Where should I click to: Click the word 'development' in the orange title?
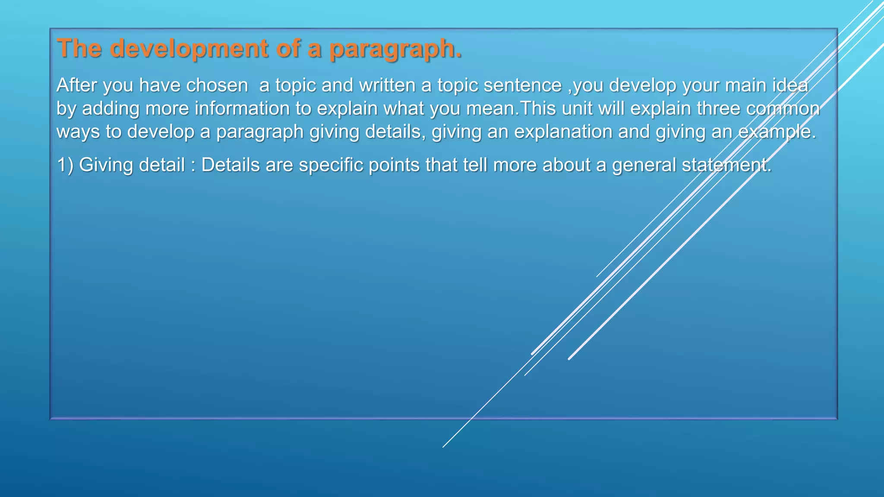[x=189, y=48]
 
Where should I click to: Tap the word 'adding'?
[x=110, y=109]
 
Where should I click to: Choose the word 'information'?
[x=242, y=109]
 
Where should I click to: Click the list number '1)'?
[x=65, y=165]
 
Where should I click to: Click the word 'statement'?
[x=725, y=165]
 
